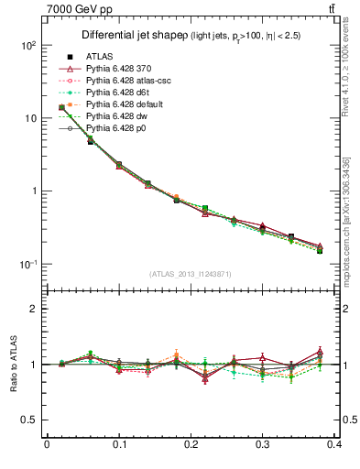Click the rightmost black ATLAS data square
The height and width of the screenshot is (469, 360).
[x=320, y=250]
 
